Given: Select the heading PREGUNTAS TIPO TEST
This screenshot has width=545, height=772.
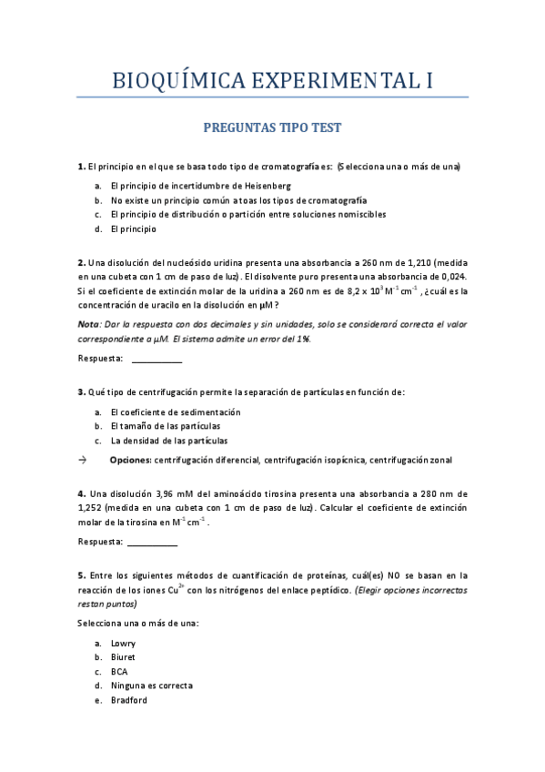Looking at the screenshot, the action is [x=272, y=129].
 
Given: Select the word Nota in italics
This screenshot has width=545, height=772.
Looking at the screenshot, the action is [x=88, y=324].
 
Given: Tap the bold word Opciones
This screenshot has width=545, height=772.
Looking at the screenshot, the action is [x=129, y=460].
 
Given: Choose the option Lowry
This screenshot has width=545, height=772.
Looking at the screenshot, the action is [x=123, y=643].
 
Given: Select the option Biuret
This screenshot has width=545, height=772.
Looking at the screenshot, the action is [x=123, y=656].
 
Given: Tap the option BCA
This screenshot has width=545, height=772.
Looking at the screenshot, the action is [x=119, y=671].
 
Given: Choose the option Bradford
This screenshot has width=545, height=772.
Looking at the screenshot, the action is [x=128, y=700].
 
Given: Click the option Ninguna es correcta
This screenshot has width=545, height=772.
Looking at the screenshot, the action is [x=151, y=686].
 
